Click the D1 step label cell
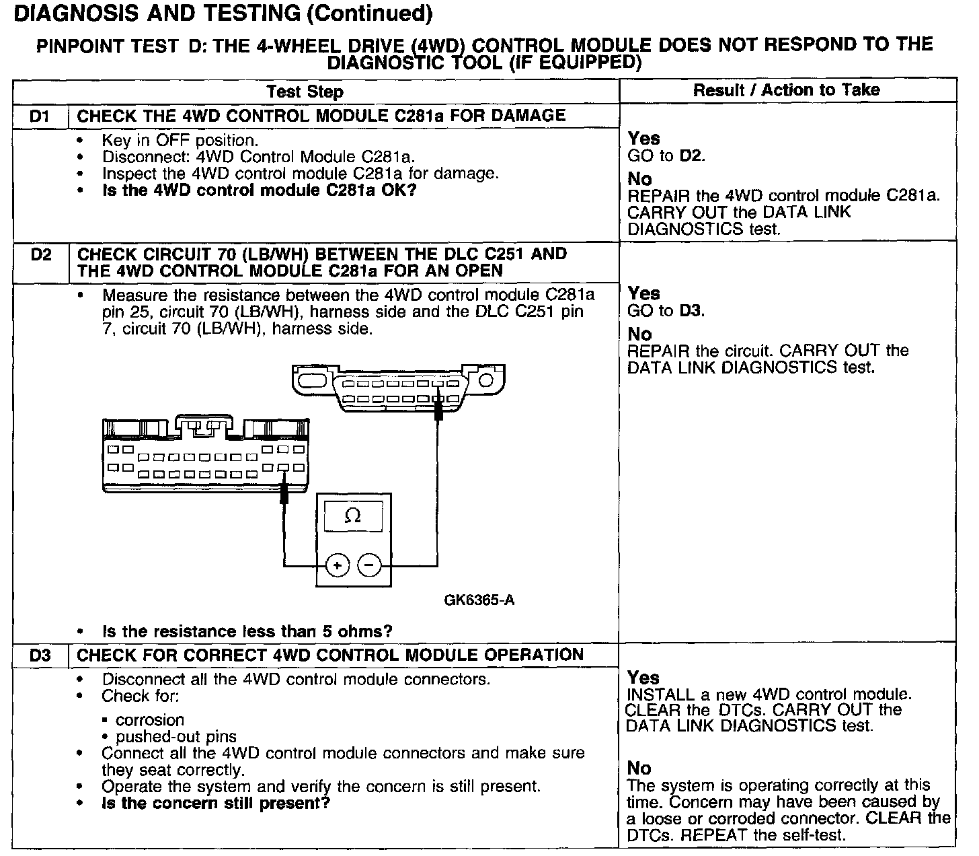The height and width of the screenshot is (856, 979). [40, 116]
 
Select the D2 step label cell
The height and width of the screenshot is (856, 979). [40, 256]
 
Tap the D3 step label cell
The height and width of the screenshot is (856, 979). [40, 655]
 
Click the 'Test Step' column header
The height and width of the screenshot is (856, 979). [305, 92]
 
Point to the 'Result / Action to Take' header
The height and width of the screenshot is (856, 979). [786, 90]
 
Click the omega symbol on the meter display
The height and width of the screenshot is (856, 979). [352, 516]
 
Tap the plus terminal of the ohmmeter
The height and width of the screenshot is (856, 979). [338, 565]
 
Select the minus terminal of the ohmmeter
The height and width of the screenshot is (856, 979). [368, 565]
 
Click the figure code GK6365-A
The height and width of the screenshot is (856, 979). [479, 600]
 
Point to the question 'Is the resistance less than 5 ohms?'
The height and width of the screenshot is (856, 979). [247, 632]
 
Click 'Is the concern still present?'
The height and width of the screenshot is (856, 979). [216, 804]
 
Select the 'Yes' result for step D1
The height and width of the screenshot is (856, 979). [643, 139]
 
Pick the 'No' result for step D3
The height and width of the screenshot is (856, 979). [639, 768]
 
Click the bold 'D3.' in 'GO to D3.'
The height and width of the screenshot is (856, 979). [692, 311]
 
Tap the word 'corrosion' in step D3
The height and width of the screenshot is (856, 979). [150, 720]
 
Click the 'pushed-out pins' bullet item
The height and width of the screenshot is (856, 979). [176, 737]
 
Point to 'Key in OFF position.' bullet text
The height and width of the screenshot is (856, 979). [180, 141]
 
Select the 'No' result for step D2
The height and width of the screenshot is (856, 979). [639, 334]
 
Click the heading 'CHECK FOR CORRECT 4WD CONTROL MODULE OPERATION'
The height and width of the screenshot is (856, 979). [330, 655]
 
